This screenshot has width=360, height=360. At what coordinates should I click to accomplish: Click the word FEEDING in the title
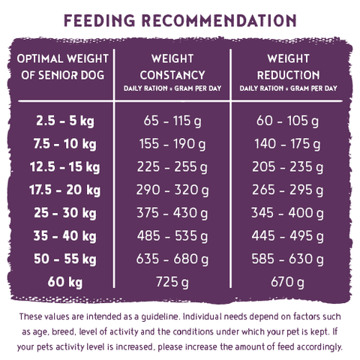100,20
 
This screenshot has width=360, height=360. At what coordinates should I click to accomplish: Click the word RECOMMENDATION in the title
219,20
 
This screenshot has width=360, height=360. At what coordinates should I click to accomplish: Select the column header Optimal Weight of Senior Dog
63,67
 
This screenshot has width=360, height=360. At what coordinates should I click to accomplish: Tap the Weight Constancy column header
172,72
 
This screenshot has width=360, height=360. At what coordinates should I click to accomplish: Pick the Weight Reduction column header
289,72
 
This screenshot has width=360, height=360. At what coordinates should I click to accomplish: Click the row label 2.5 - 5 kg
65,121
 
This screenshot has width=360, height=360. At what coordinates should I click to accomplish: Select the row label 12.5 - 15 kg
64,166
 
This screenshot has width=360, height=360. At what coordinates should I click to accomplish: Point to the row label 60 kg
65,282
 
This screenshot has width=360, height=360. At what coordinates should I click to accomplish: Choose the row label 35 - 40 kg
65,235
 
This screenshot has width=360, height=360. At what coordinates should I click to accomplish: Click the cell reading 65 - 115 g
172,121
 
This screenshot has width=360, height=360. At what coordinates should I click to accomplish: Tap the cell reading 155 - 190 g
172,144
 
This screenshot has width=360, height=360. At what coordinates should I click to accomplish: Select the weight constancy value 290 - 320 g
172,190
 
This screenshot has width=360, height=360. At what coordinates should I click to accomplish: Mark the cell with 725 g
172,282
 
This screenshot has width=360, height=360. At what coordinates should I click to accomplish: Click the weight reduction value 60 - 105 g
288,121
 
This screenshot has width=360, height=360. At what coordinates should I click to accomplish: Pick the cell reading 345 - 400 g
288,213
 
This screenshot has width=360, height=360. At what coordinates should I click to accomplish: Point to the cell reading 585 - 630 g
288,259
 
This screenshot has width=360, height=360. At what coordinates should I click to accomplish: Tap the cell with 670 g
288,282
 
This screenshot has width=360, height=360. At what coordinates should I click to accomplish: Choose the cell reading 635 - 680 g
172,259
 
